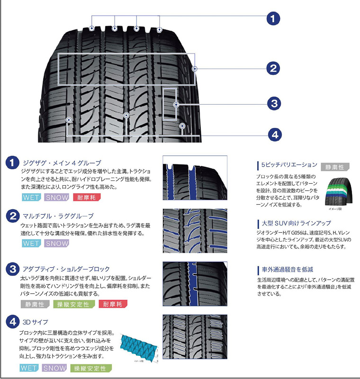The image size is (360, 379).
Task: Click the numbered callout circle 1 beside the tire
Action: [273, 18]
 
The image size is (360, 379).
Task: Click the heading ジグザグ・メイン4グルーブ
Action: [62, 163]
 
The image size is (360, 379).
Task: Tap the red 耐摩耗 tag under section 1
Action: [84, 197]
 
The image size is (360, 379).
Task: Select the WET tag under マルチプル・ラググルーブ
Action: [31, 244]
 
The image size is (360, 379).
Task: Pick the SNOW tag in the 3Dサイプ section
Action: [54, 368]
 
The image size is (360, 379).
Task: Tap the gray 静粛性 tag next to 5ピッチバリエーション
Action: [334, 167]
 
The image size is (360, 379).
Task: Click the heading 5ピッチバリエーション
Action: [289, 165]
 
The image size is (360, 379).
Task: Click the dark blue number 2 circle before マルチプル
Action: [12, 217]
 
